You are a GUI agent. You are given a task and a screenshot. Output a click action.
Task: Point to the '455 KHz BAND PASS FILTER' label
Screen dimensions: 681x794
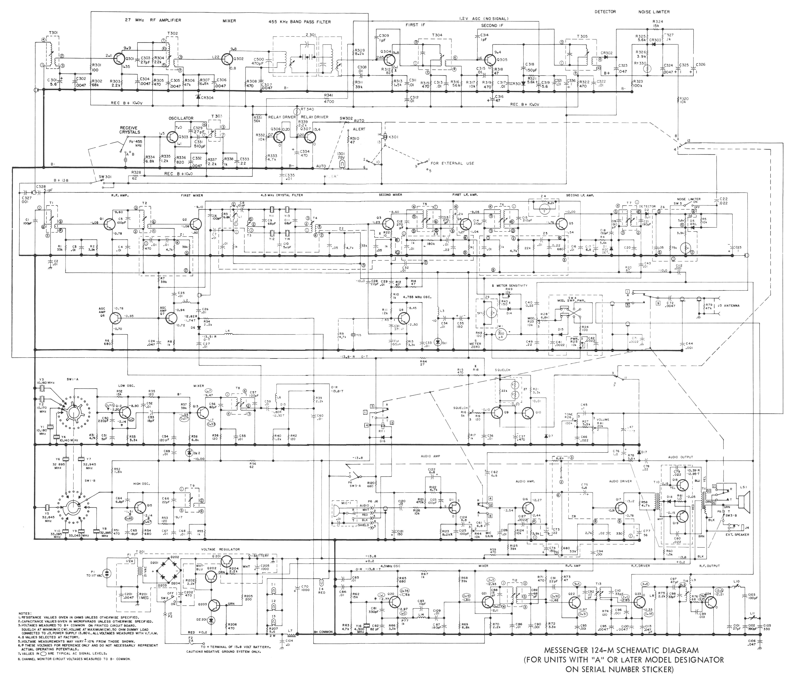[300, 22]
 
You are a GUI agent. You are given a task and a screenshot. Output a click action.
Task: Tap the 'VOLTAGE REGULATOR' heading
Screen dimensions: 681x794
[220, 549]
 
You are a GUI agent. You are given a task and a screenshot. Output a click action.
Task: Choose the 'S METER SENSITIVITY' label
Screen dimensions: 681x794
[510, 285]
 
